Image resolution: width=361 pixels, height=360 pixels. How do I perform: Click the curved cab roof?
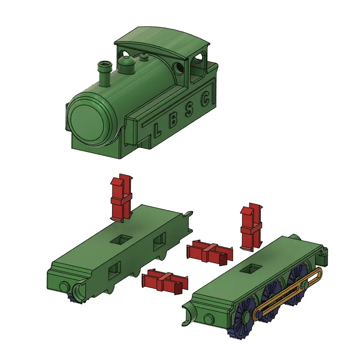(x=163, y=42)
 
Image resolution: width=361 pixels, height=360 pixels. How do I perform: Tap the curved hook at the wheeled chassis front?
(x=187, y=315)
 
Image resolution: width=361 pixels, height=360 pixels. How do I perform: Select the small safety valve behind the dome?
(x=144, y=57)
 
